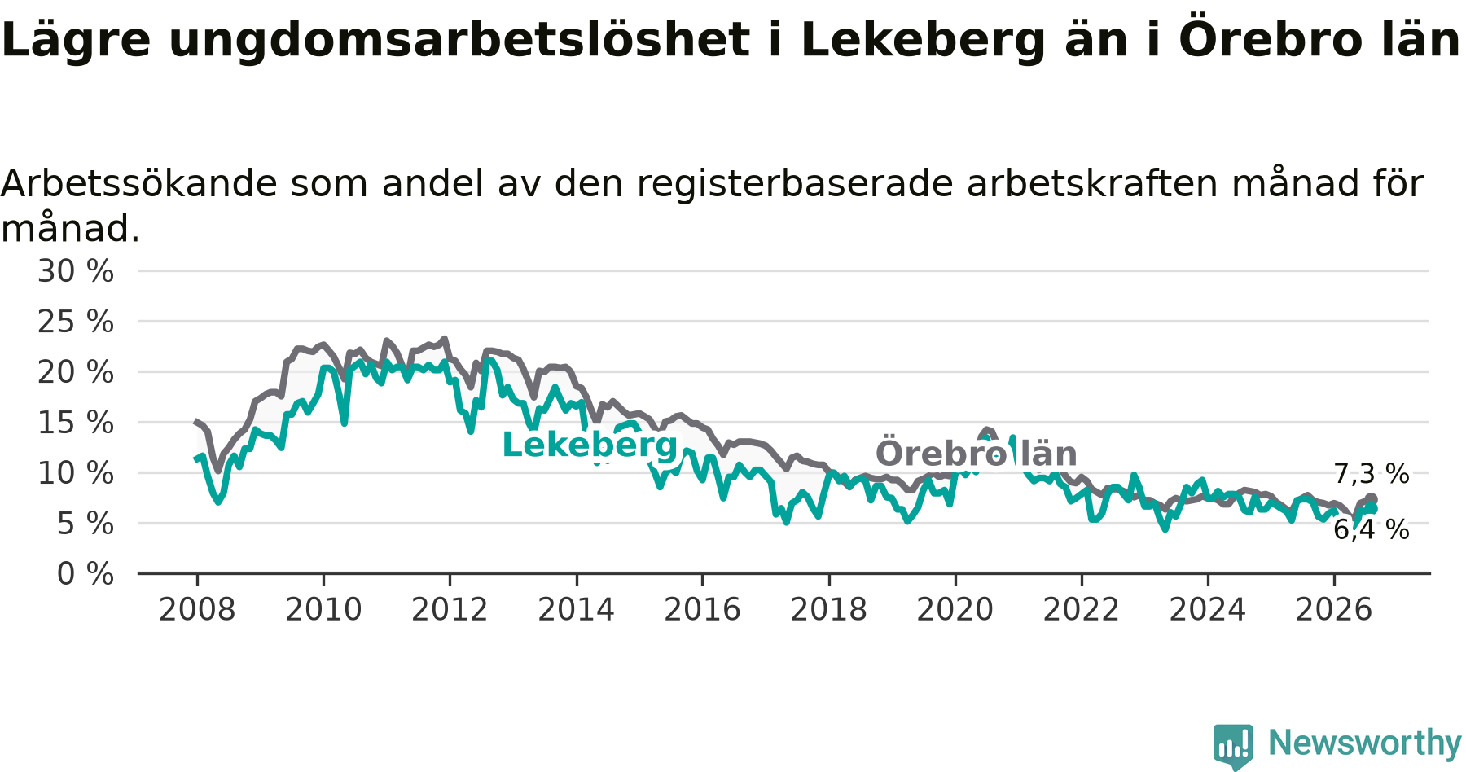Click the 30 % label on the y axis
(x=76, y=271)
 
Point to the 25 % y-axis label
(x=76, y=322)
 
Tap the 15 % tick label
(x=76, y=423)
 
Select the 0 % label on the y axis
(x=86, y=574)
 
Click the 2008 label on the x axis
(x=197, y=609)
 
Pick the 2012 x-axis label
(x=450, y=609)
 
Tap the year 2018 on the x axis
(x=829, y=609)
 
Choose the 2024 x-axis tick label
(x=1208, y=609)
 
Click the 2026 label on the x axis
(x=1334, y=609)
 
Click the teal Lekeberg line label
(x=590, y=445)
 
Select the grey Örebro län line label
(x=977, y=454)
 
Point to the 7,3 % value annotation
(x=1372, y=474)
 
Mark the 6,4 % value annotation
(x=1372, y=530)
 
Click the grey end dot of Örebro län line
(x=1372, y=499)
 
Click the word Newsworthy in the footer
(x=1365, y=743)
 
